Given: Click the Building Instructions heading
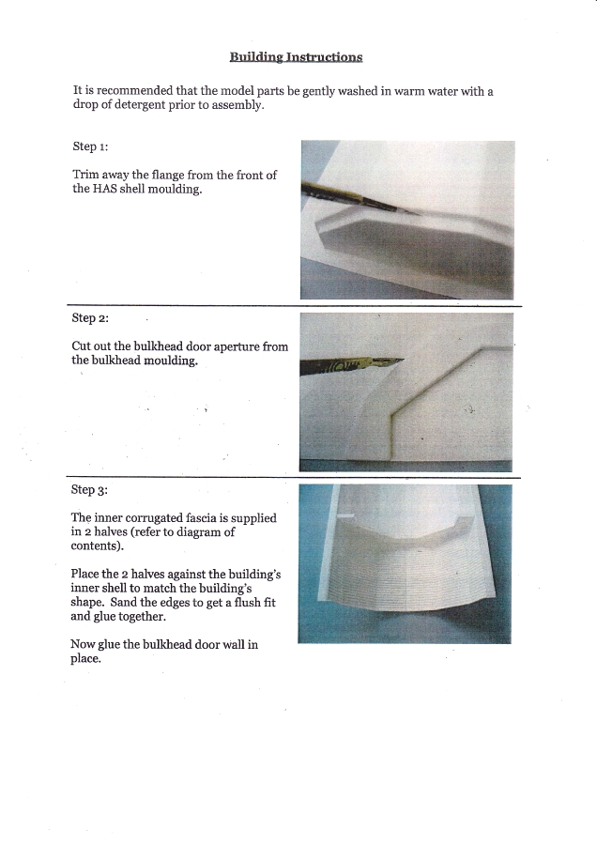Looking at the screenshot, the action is (x=296, y=57).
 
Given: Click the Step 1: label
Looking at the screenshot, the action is (x=90, y=146).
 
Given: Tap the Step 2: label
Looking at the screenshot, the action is (x=90, y=318).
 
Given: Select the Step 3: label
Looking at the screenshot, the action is (x=89, y=489).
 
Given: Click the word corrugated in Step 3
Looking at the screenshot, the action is (x=154, y=518).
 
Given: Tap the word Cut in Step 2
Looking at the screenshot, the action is (x=81, y=346).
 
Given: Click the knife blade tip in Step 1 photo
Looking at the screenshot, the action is (x=420, y=214).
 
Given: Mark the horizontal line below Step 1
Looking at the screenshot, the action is (x=294, y=306).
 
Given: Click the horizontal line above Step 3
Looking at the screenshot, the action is (x=294, y=478).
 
